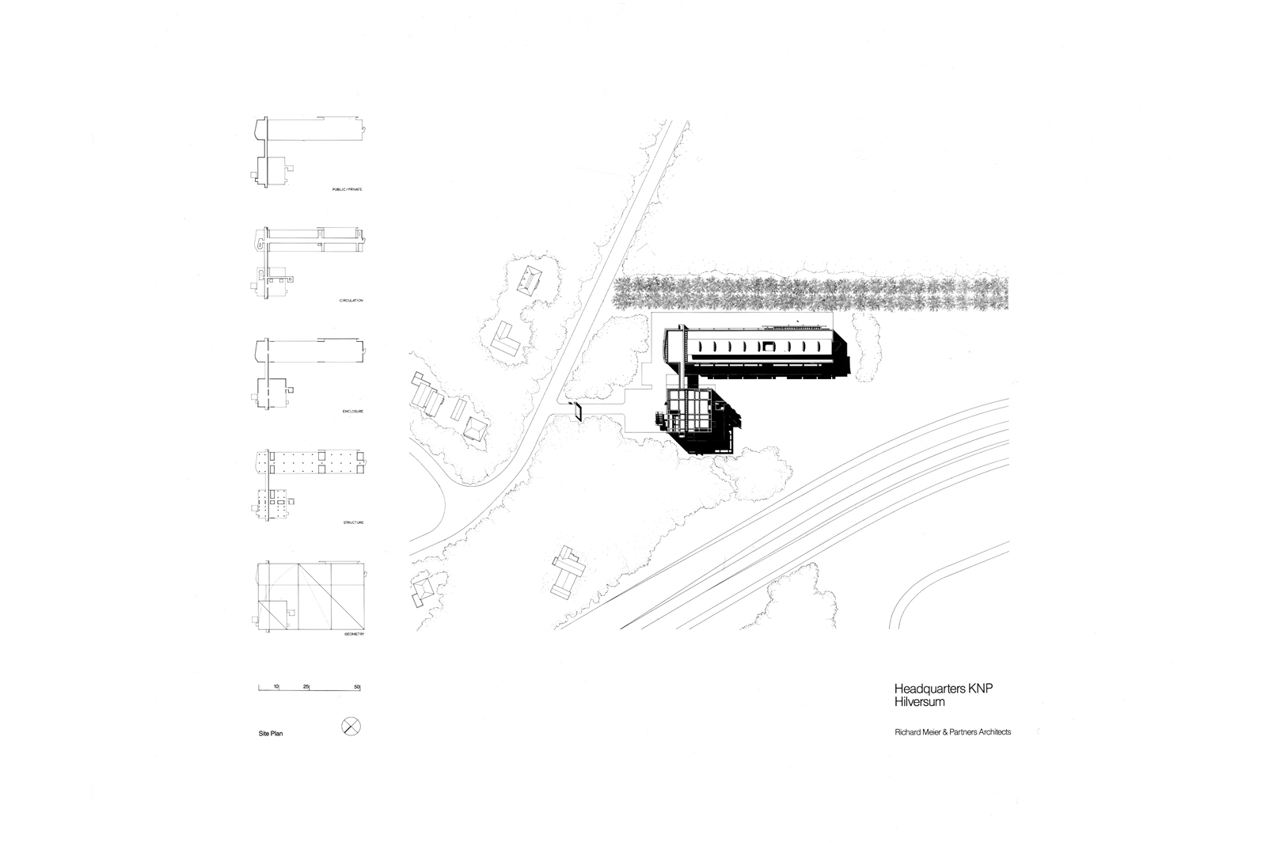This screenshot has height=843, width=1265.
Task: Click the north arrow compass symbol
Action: click(x=351, y=725)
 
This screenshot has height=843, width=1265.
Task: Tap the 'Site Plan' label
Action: click(x=271, y=734)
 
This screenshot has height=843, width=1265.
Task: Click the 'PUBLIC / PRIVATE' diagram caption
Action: click(x=347, y=192)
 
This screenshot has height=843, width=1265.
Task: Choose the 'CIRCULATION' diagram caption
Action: click(x=348, y=302)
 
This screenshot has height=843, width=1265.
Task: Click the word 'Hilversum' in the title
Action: click(x=917, y=701)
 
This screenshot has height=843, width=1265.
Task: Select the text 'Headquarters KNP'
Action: click(x=943, y=689)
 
